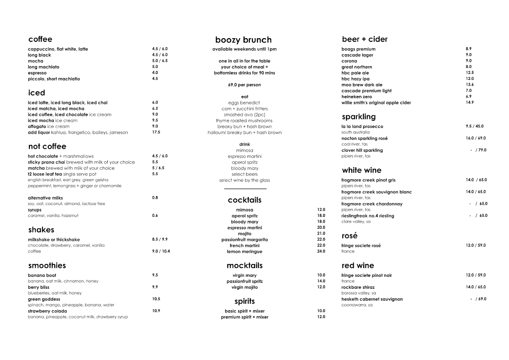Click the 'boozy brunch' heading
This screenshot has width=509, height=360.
pos(243,40)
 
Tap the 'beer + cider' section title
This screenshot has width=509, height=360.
pos(364,39)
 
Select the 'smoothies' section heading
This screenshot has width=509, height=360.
pos(47,266)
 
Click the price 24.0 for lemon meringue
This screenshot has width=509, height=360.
pos(321,251)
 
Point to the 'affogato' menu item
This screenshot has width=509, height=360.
pos(37,127)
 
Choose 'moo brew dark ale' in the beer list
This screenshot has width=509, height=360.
pos(362,85)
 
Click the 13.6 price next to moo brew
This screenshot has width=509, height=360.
pos(469,85)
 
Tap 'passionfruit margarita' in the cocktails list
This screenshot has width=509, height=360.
pos(244,240)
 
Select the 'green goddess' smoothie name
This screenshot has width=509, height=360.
pos(44,299)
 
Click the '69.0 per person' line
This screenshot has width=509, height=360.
pos(244,85)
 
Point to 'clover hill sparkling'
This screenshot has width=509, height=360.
pos(362,150)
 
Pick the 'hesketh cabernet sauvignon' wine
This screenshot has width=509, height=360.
pos(372,299)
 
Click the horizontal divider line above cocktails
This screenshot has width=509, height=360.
pos(245,188)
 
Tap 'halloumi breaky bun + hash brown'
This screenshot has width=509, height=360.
pos(244,132)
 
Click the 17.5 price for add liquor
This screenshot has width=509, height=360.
pos(156,132)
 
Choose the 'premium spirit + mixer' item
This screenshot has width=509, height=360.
pos(244,317)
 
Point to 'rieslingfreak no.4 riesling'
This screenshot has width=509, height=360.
pos(367,216)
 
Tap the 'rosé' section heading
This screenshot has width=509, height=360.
pos(350,236)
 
